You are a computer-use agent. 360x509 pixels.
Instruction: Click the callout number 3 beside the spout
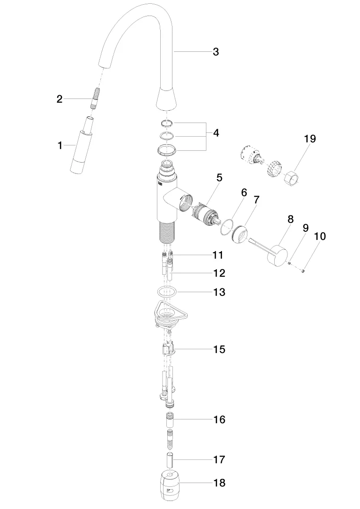[216, 52]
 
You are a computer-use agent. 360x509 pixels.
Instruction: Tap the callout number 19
[310, 139]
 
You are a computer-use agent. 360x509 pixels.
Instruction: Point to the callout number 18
[220, 483]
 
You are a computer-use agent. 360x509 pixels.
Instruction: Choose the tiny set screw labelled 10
[303, 271]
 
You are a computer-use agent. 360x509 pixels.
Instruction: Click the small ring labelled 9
[288, 263]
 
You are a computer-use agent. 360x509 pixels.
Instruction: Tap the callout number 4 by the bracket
[216, 133]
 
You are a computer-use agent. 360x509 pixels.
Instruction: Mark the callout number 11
[218, 255]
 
